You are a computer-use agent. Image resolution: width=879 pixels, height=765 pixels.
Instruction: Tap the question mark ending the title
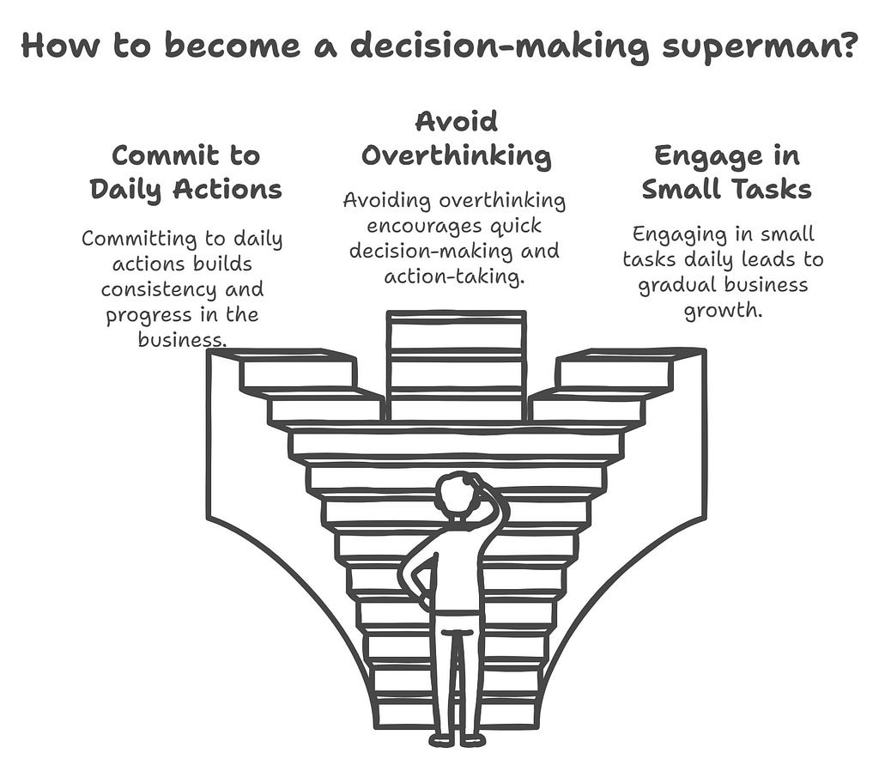[847, 45]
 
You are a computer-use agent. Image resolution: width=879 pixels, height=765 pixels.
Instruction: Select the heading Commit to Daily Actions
[185, 172]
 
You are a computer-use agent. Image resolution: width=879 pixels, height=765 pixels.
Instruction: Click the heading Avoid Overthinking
[456, 138]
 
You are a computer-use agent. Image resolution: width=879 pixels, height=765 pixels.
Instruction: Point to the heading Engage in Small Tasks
[726, 172]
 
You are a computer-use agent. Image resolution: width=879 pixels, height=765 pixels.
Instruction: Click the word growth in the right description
[723, 310]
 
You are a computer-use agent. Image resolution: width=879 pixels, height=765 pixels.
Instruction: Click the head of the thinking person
[456, 495]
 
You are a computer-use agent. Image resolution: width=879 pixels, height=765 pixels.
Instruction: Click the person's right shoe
[473, 738]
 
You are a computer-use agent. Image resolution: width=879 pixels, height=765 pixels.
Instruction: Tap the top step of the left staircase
[283, 355]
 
